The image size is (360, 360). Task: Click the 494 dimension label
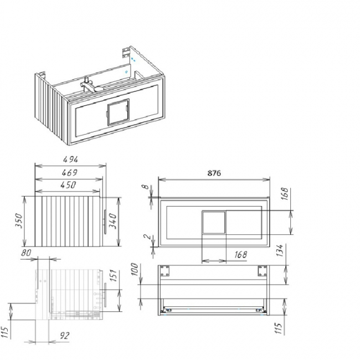pyautogui.click(x=70, y=159)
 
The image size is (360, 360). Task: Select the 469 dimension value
pyautogui.click(x=70, y=172)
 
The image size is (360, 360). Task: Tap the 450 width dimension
pyautogui.click(x=68, y=185)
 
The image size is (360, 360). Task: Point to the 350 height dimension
pyautogui.click(x=19, y=220)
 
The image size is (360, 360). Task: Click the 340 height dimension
pyautogui.click(x=113, y=220)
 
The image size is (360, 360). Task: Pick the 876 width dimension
pyautogui.click(x=214, y=173)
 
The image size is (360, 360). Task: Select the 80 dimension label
pyautogui.click(x=26, y=253)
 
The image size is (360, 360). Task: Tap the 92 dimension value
pyautogui.click(x=64, y=336)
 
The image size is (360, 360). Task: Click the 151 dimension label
pyautogui.click(x=114, y=275)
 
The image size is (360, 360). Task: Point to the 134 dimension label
pyautogui.click(x=280, y=250)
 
